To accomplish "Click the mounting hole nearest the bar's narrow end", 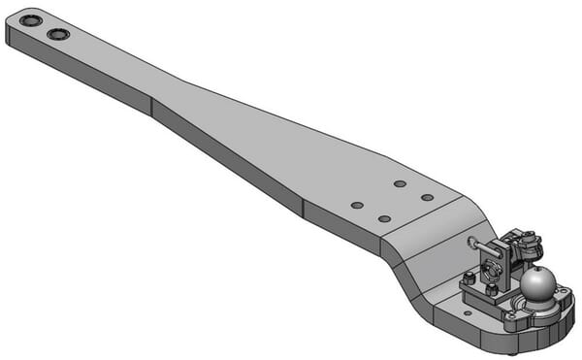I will point(31,20).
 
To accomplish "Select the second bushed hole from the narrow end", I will point(58,34).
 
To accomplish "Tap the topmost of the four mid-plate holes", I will point(400,183).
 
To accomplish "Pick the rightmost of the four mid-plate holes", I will point(427,197).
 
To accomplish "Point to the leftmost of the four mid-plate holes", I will point(357,205).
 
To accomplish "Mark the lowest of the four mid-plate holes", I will point(384,219).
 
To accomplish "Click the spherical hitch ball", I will point(537,283).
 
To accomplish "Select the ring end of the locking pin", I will point(472,242).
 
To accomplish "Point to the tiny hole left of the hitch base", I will point(469,312).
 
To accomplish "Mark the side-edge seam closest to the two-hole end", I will point(152,106).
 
